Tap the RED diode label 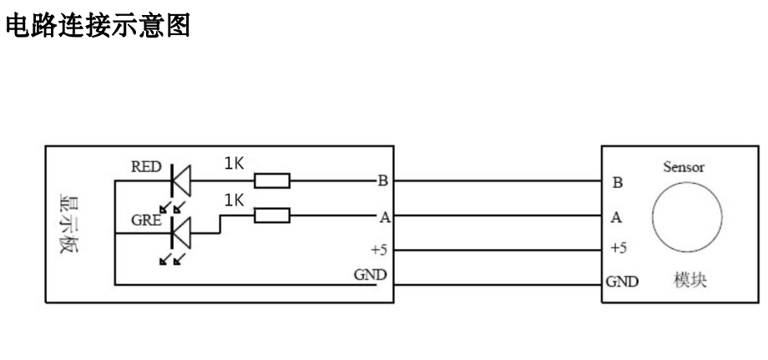(x=147, y=165)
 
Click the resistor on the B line (x=271, y=180)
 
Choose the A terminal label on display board (x=384, y=217)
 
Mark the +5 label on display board (x=380, y=248)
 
